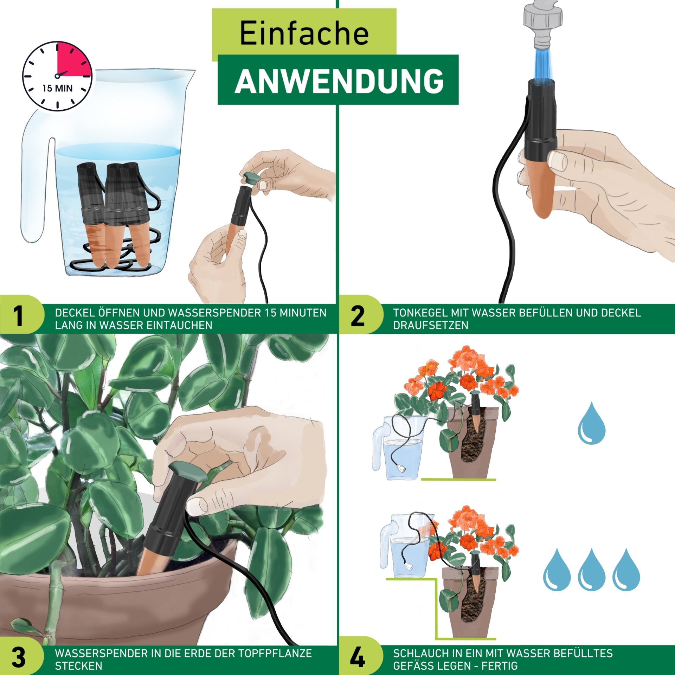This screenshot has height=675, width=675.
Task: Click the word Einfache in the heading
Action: coord(304,33)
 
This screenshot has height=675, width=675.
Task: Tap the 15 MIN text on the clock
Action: coord(57,88)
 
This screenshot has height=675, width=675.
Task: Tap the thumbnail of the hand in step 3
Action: coord(197,506)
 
